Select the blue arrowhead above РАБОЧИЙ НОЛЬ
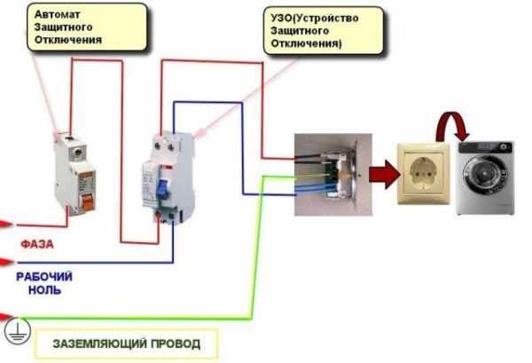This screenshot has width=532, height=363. click(7, 261)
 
